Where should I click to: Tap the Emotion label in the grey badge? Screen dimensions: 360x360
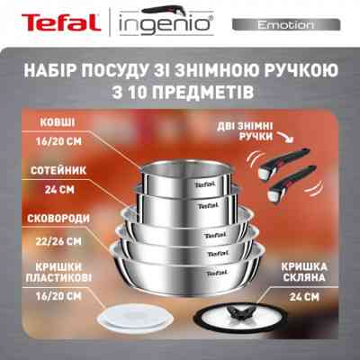(287, 24)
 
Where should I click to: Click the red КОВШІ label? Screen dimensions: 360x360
(61, 123)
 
